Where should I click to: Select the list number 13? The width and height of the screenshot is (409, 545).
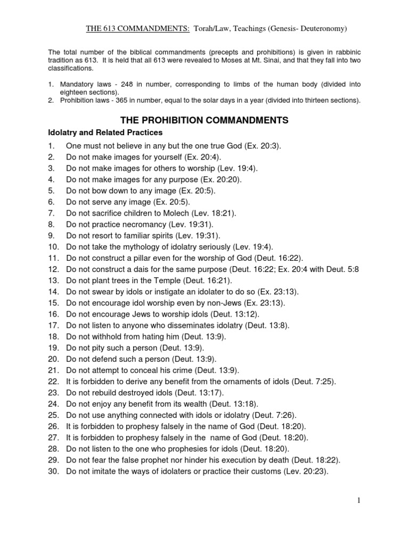pos(53,280)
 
